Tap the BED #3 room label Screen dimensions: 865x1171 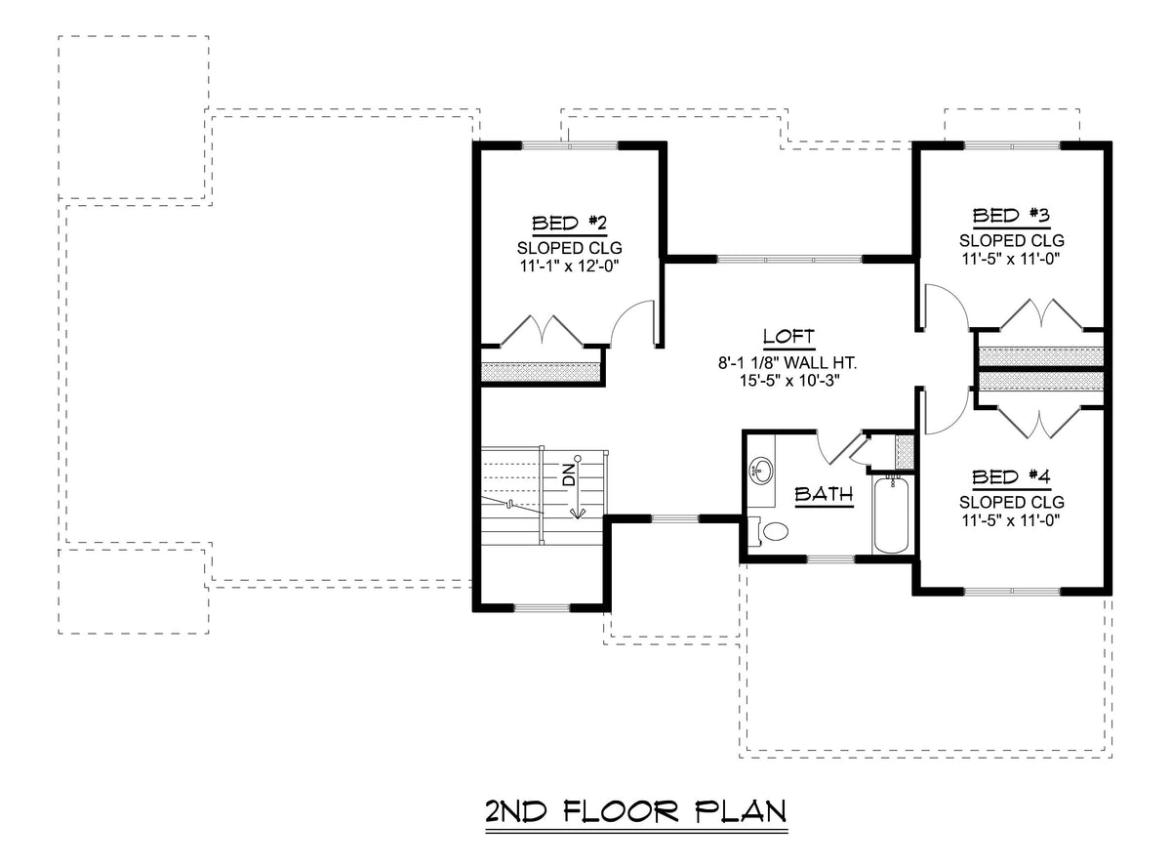pyautogui.click(x=1011, y=215)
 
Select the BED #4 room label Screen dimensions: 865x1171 pyautogui.click(x=1011, y=477)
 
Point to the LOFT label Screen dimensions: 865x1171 pyautogui.click(x=788, y=337)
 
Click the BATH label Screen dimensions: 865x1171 pyautogui.click(x=823, y=494)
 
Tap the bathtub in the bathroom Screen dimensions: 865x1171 pyautogui.click(x=891, y=515)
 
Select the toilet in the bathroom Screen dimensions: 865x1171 pyautogui.click(x=775, y=532)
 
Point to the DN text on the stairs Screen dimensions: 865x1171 pyautogui.click(x=568, y=475)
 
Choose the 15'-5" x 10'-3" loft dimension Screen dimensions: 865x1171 pyautogui.click(x=788, y=381)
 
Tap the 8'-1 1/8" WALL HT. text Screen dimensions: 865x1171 pyautogui.click(x=787, y=362)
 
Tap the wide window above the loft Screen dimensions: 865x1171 pyautogui.click(x=788, y=259)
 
